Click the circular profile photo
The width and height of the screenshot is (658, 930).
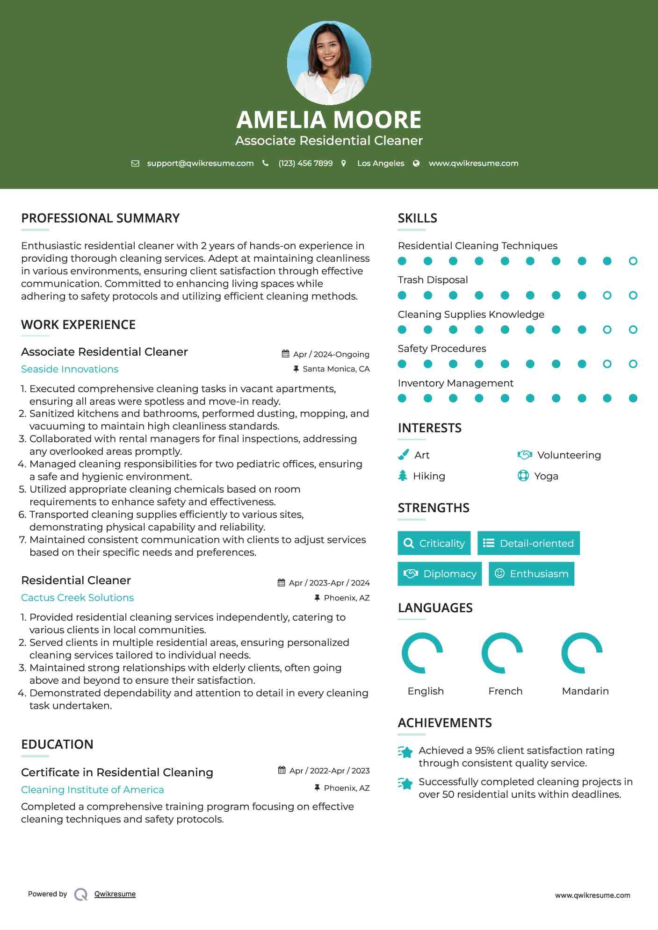329,63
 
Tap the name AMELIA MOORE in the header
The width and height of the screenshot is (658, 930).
329,120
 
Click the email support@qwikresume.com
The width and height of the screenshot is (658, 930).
200,163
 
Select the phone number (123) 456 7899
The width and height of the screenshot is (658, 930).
305,163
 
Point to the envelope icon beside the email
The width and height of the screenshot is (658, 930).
135,163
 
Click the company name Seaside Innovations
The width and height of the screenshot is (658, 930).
70,369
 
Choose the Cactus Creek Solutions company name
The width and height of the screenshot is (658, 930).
77,598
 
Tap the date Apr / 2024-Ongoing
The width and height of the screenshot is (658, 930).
331,354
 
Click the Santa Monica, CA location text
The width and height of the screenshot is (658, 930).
336,369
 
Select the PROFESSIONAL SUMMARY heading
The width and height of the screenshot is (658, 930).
100,218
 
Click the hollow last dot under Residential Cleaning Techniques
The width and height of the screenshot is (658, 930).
633,261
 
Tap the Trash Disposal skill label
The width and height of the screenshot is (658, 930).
433,280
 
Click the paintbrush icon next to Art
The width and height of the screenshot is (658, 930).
403,455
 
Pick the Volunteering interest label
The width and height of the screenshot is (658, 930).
569,455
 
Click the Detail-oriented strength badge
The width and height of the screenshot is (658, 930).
528,543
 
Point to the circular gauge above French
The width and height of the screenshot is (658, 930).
502,653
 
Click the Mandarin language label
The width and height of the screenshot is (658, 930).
585,691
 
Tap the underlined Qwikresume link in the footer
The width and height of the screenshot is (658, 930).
115,894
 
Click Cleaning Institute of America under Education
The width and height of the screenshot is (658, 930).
93,790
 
